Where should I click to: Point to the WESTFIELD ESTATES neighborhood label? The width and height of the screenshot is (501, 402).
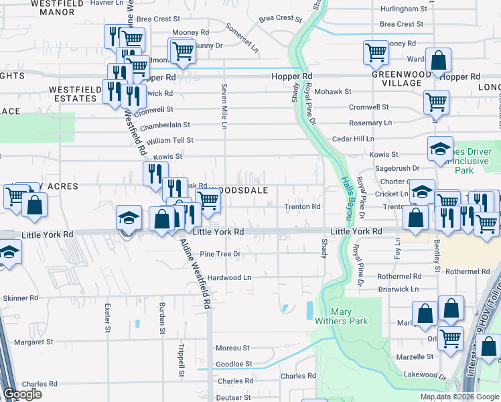click(72, 93)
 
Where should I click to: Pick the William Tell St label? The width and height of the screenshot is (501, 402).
click(170, 140)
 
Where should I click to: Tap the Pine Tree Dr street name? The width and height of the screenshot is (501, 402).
click(220, 254)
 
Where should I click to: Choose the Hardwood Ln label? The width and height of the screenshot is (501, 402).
click(229, 277)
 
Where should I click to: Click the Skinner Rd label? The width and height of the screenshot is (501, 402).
click(21, 297)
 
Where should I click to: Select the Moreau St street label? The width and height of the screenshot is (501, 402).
click(232, 348)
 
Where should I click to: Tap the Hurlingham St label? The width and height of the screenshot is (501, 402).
click(403, 9)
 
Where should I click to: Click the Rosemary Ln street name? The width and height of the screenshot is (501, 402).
click(370, 123)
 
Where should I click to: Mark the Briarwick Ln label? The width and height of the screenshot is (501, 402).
click(398, 289)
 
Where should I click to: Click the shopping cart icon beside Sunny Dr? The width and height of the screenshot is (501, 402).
click(182, 51)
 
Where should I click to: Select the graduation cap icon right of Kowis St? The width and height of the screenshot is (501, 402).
click(441, 149)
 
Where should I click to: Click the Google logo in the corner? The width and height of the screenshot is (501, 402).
click(22, 394)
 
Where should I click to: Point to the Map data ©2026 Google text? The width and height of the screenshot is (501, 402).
click(459, 397)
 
